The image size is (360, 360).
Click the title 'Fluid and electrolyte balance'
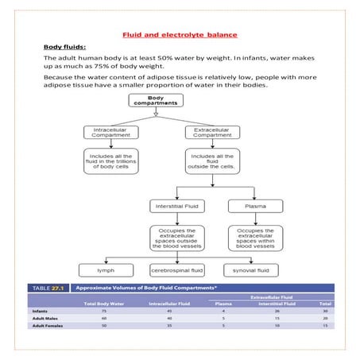[180, 34]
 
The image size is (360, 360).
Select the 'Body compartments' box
[157, 101]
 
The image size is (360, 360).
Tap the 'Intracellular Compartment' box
[109, 132]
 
